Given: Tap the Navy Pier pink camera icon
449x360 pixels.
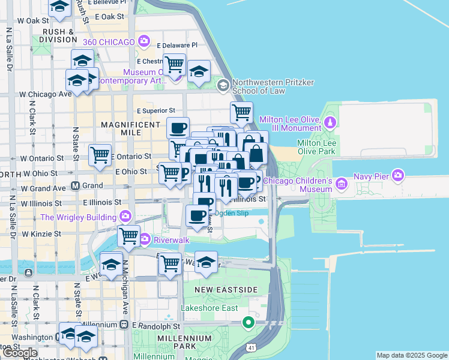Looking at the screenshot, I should tap(397, 175).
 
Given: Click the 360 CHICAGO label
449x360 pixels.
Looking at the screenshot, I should tap(108, 41).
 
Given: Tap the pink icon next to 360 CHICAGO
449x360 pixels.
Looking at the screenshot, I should tap(143, 41).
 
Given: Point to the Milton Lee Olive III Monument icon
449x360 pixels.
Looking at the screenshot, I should tap(330, 123).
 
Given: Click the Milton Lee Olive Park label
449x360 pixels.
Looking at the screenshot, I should tap(316, 147).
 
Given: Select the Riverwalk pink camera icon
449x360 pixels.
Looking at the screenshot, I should tap(145, 240).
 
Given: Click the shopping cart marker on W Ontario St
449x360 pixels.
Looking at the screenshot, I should tap(100, 155).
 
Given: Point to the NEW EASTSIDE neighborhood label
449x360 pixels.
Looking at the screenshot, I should tap(227, 290).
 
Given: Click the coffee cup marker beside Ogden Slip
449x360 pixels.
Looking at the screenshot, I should tap(196, 215).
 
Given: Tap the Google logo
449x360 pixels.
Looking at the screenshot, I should tap(19, 353).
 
